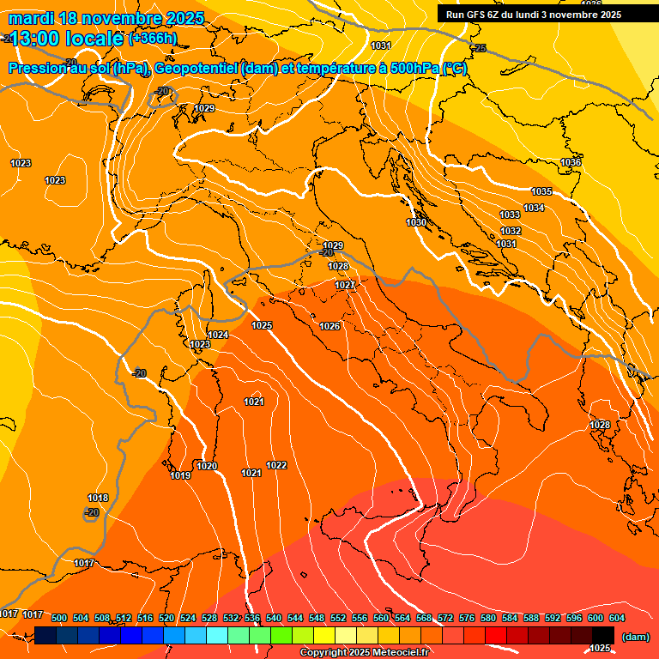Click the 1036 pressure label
point(571,162)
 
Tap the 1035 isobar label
point(541,191)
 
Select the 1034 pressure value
point(534,208)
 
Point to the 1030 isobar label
point(416,222)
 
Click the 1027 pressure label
point(345,285)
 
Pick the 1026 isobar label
point(329,326)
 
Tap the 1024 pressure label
point(218,335)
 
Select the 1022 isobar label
point(276,465)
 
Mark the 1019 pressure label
point(180,475)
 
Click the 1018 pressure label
point(98,498)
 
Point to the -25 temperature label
point(479,48)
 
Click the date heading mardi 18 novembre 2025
point(106,18)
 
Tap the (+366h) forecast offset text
point(153,38)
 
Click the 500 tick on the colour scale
point(59,618)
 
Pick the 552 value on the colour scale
point(338,618)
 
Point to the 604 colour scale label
point(617,618)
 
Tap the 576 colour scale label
point(467,618)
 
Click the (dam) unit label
point(635,637)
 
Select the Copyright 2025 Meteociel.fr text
point(364,652)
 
